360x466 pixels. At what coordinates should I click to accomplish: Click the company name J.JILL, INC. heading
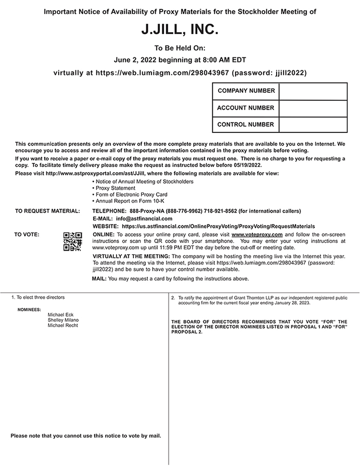180,31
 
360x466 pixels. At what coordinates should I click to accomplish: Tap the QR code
72,242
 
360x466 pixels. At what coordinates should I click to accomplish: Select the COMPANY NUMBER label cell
246,91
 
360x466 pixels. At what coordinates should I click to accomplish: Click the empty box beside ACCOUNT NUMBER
313,108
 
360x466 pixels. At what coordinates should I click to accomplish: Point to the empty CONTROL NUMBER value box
313,125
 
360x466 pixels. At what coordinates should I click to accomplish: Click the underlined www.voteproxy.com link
257,234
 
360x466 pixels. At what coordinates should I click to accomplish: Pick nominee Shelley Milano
63,320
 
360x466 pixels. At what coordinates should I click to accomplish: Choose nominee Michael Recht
63,326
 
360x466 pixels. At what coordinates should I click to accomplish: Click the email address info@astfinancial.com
144,218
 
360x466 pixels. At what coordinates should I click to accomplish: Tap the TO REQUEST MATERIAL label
47,211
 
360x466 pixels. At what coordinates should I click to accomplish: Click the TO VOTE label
27,234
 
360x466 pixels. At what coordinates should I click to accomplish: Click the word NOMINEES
29,309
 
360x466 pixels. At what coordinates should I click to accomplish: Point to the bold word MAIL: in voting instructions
99,279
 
